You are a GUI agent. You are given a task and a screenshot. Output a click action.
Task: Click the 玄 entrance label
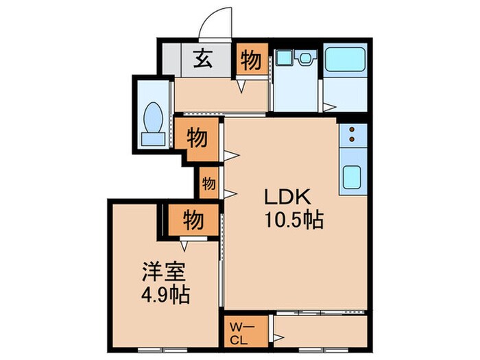click(x=202, y=60)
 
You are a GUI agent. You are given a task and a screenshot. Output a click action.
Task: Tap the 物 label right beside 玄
click(x=252, y=61)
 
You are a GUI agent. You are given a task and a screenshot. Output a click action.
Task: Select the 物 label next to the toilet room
click(x=197, y=138)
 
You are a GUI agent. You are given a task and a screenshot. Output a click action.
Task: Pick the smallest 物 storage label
click(x=209, y=183)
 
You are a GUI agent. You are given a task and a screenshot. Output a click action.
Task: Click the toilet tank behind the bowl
click(x=154, y=139)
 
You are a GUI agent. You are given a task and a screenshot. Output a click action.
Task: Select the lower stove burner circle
click(x=352, y=141)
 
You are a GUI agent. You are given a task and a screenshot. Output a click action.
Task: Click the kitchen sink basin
click(x=352, y=177)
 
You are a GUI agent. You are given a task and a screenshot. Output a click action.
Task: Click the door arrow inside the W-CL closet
click(x=279, y=337)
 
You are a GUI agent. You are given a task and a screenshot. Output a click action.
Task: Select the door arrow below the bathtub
click(x=330, y=106)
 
